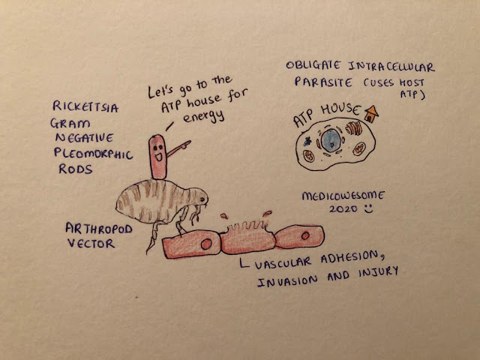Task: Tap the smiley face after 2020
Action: pos(366,209)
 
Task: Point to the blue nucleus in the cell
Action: pos(330,139)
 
